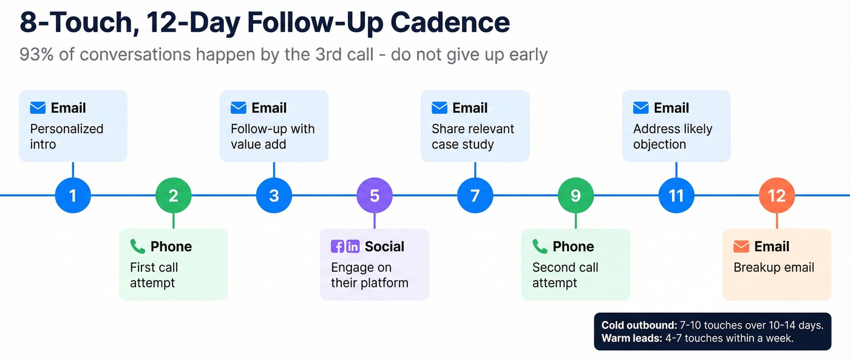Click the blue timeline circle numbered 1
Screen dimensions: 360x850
pyautogui.click(x=73, y=195)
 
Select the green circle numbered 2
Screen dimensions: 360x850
pyautogui.click(x=174, y=195)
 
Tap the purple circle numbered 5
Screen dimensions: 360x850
pyautogui.click(x=375, y=195)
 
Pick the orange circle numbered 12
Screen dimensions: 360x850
pyautogui.click(x=777, y=195)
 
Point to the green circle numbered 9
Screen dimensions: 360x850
pyautogui.click(x=576, y=195)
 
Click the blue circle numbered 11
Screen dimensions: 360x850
pyautogui.click(x=676, y=195)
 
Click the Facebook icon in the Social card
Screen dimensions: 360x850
pyautogui.click(x=338, y=246)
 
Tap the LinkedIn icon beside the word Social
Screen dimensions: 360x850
pyautogui.click(x=353, y=246)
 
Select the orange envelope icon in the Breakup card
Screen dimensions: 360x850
pyautogui.click(x=741, y=246)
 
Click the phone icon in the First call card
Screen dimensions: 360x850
pyautogui.click(x=138, y=246)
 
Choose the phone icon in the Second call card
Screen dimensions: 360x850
pyautogui.click(x=540, y=246)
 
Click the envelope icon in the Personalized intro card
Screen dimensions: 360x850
pyautogui.click(x=38, y=108)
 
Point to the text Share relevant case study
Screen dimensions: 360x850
pyautogui.click(x=472, y=137)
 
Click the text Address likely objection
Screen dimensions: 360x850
pyautogui.click(x=672, y=137)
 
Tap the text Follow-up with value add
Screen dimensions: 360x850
pyautogui.click(x=272, y=137)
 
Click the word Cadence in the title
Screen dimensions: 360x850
pyautogui.click(x=450, y=22)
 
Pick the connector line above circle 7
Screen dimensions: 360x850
pyautogui.click(x=475, y=169)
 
